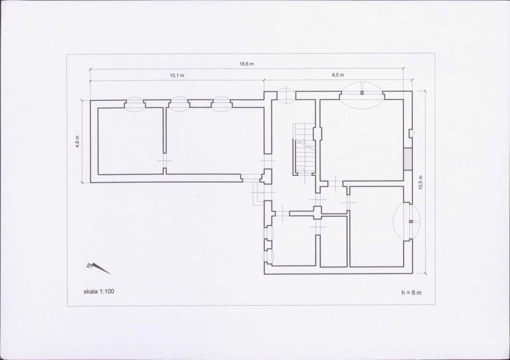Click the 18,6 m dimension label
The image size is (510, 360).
246,64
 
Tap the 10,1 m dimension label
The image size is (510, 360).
177,75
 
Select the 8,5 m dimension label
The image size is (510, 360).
338,75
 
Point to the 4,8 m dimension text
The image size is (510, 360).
77,141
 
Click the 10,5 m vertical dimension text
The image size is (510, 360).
421,183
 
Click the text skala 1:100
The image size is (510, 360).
99,291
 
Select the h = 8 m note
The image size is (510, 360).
411,292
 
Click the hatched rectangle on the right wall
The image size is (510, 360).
408,159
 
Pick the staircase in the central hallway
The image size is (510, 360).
304,149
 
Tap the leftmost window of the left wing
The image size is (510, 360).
135,104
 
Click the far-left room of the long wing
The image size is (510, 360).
130,141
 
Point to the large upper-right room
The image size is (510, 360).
362,140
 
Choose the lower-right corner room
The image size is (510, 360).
377,227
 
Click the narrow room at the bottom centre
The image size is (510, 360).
334,242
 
